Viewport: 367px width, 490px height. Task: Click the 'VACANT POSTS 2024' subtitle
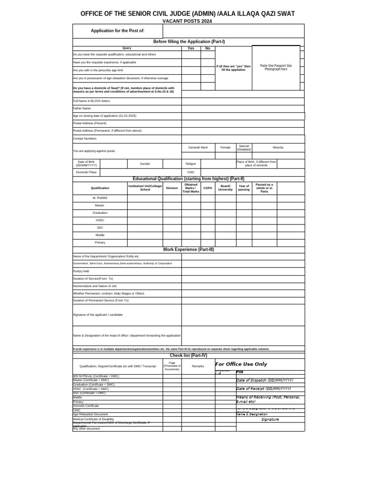pos(187,22)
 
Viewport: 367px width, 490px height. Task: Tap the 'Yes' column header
pos(191,48)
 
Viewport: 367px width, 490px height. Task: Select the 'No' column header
pos(207,48)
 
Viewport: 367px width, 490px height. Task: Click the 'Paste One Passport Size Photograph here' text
pos(276,67)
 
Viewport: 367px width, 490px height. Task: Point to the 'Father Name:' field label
pos(82,108)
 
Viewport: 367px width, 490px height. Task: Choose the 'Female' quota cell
pos(225,147)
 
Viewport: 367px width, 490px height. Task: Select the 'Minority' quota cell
pos(278,147)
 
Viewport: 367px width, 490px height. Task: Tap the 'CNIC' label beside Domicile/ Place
pos(191,172)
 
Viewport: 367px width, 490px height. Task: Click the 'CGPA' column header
pos(207,188)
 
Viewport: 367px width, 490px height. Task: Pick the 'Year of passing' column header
pos(244,188)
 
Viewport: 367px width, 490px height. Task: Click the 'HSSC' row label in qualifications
pos(100,220)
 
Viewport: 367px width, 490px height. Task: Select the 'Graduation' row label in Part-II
pos(100,212)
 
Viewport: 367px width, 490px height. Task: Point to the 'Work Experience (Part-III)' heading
pos(188,249)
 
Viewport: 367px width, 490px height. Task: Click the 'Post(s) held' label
pos(81,271)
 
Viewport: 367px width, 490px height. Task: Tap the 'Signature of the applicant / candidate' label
pos(97,314)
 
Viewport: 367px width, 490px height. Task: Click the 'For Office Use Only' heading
pos(241,364)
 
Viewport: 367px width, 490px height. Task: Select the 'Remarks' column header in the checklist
pos(198,366)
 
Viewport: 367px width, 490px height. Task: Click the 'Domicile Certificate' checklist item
pos(86,406)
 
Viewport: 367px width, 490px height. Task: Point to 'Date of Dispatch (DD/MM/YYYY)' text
pos(265,380)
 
